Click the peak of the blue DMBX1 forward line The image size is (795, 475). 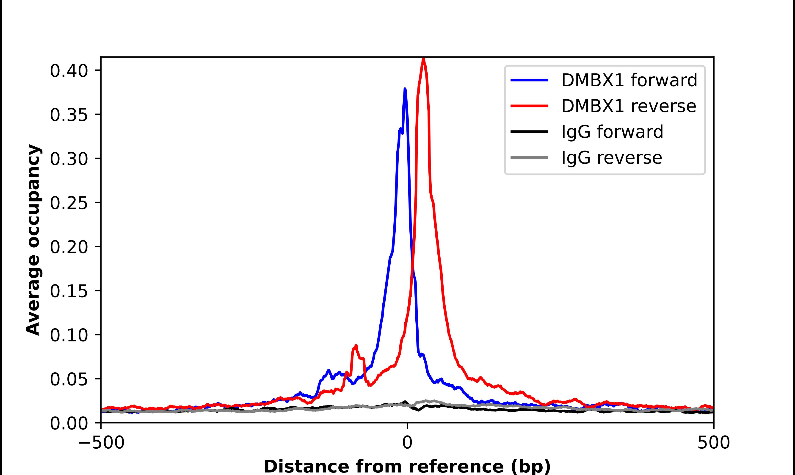point(405,89)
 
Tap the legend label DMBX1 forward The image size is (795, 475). point(629,80)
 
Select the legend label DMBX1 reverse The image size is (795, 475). point(628,106)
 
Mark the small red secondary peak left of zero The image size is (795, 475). point(356,346)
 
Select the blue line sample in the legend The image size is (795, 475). point(529,80)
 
